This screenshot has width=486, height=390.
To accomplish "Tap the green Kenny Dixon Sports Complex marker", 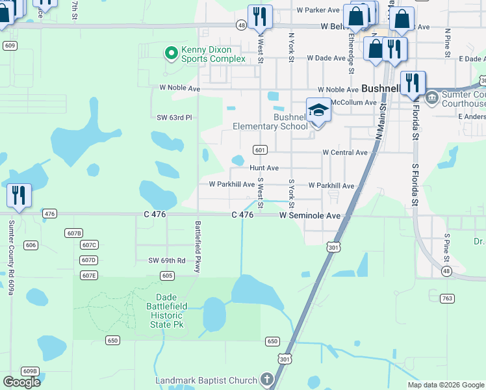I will click(172, 53).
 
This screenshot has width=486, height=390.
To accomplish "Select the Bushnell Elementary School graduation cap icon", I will click(318, 110).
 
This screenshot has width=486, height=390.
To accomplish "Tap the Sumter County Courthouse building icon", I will click(431, 99).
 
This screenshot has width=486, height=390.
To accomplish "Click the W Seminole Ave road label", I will click(310, 215).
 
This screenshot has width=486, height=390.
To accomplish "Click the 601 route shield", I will click(260, 150).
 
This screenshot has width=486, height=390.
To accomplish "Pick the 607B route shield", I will click(74, 233).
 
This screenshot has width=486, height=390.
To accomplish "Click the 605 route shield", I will click(167, 276).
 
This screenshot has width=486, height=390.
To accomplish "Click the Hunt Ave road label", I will click(264, 168).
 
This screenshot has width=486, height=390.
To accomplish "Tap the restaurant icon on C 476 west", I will click(19, 196).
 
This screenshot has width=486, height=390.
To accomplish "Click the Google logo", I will click(21, 382).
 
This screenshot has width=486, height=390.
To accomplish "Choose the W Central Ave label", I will click(345, 153).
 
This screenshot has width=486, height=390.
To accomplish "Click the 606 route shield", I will click(31, 245).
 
